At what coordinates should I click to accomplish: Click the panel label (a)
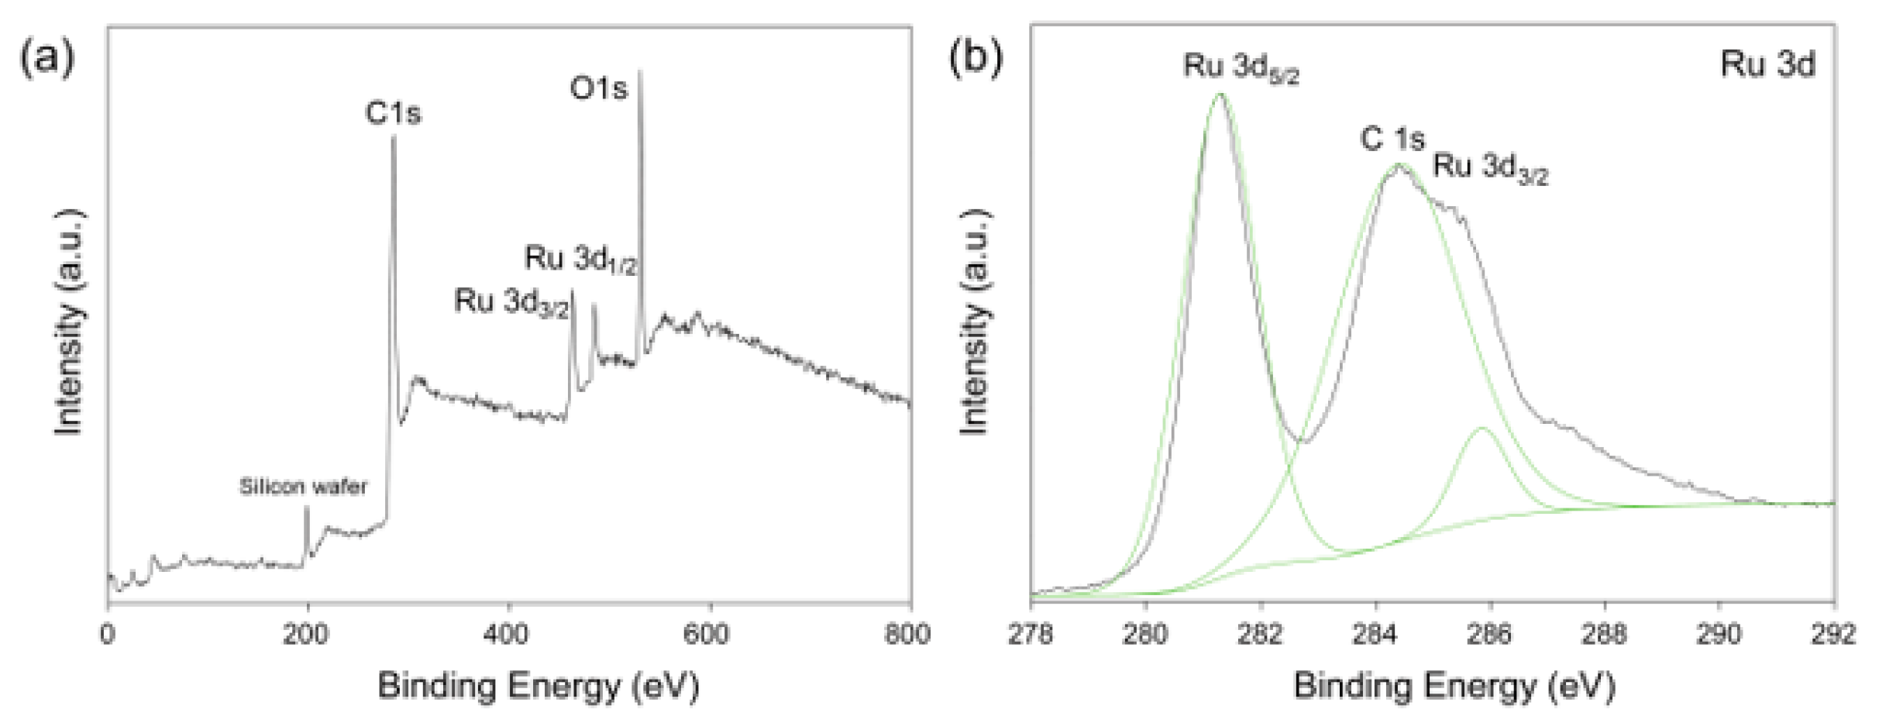point(47,58)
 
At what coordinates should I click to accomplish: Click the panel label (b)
point(976,58)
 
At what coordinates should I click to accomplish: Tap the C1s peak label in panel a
point(393,114)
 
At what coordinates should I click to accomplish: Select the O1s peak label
point(598,88)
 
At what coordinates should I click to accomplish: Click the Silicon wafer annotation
point(303,487)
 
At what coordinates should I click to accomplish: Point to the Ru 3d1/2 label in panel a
point(580,260)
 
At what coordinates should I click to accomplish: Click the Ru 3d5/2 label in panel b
point(1241,68)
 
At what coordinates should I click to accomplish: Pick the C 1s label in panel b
point(1392,140)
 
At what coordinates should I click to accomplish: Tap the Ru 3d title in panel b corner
point(1767,64)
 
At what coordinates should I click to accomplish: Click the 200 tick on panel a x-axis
point(308,635)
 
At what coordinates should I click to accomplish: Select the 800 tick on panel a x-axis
point(907,635)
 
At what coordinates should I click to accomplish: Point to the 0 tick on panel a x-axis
point(108,635)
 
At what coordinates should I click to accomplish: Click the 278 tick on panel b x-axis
point(1031,635)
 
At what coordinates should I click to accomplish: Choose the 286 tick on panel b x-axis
point(1489,635)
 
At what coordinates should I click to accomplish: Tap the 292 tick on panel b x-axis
point(1833,635)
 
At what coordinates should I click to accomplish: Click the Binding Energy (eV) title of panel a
point(539,687)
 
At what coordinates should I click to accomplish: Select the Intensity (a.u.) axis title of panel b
point(975,322)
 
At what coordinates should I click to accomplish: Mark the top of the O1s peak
point(640,71)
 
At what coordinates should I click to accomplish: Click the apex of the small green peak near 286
point(1482,428)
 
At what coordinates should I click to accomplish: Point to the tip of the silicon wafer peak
point(307,507)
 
